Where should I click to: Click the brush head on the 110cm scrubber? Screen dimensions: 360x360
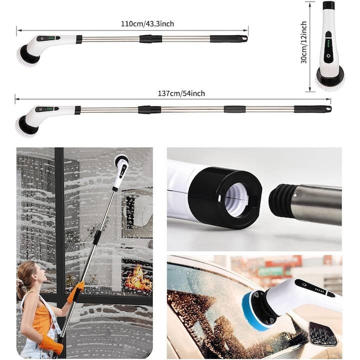(28, 54)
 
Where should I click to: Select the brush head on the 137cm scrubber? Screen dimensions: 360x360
(26, 125)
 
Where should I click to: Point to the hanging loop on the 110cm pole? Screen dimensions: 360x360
(244, 38)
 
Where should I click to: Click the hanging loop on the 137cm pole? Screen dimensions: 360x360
(328, 108)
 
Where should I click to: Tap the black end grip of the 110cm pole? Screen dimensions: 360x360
(227, 38)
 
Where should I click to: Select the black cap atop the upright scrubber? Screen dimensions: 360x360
(328, 5)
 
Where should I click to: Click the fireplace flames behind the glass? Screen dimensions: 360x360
(138, 279)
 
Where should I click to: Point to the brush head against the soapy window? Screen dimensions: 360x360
(120, 161)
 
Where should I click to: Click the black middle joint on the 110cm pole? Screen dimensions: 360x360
(150, 38)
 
